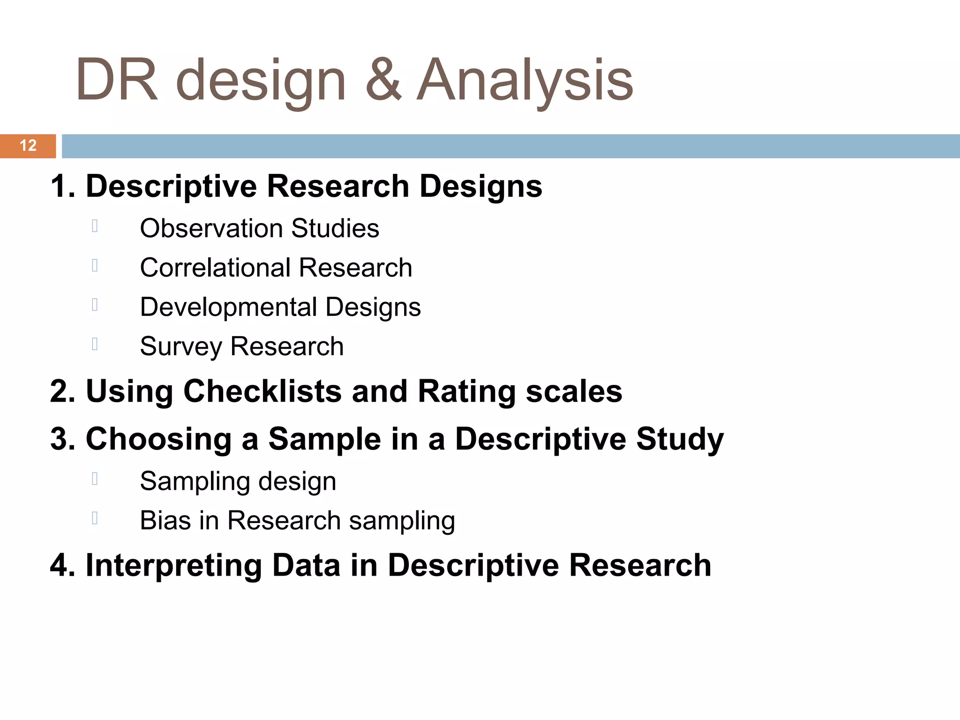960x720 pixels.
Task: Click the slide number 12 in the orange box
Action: pos(28,146)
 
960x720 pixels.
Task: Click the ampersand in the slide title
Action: pos(383,80)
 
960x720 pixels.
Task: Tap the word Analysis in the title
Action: pos(525,80)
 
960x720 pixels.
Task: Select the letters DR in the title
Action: pos(116,80)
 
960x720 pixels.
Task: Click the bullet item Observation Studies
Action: pos(259,229)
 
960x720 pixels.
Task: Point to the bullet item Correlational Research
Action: pos(276,268)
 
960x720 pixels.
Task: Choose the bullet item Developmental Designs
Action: pos(280,307)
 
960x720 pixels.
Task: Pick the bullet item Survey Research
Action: pos(241,347)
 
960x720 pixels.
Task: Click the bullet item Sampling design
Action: pos(238,481)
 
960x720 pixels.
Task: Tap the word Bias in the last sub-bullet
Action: pos(165,521)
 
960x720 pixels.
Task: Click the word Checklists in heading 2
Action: pos(262,391)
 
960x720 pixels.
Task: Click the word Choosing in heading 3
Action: pos(158,439)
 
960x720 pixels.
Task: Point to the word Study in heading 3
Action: pos(680,439)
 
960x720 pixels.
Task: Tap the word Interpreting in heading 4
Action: pos(173,565)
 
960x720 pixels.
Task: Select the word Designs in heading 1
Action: pos(480,187)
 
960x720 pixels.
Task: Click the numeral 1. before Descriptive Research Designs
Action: pos(62,187)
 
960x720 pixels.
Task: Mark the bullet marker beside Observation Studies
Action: pos(95,226)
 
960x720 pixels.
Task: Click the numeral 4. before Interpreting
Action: pos(62,565)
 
